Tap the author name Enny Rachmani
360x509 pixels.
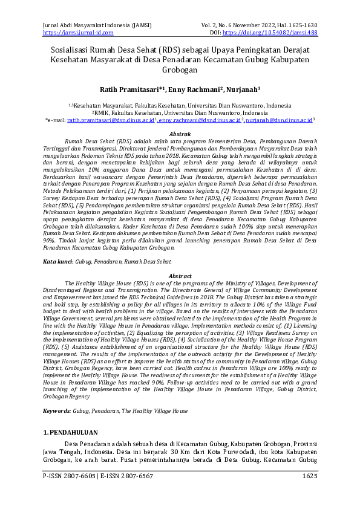pos(189,89)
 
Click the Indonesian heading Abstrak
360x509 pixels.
pos(180,132)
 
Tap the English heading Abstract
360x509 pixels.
pos(180,275)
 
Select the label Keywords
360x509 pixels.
pos(57,410)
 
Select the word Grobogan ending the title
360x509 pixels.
pos(180,70)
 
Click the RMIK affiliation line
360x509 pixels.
pos(180,112)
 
